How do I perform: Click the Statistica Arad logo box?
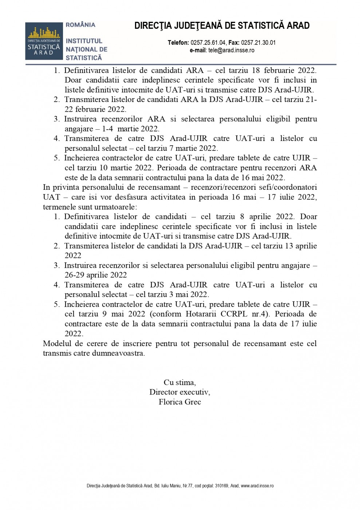click(x=43, y=41)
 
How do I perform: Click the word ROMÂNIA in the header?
click(x=80, y=25)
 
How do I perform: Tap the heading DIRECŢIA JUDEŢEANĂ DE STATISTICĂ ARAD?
click(x=222, y=25)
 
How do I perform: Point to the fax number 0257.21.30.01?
click(x=258, y=43)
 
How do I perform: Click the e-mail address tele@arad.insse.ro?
click(x=231, y=50)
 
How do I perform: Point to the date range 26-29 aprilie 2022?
click(x=96, y=275)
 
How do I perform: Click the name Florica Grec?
click(x=180, y=402)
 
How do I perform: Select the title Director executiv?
click(x=179, y=392)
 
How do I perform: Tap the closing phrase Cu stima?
click(x=179, y=382)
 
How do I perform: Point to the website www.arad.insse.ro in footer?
click(x=257, y=486)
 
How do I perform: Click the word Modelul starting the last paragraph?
click(x=56, y=344)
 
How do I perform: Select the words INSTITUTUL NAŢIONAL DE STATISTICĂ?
click(x=86, y=49)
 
